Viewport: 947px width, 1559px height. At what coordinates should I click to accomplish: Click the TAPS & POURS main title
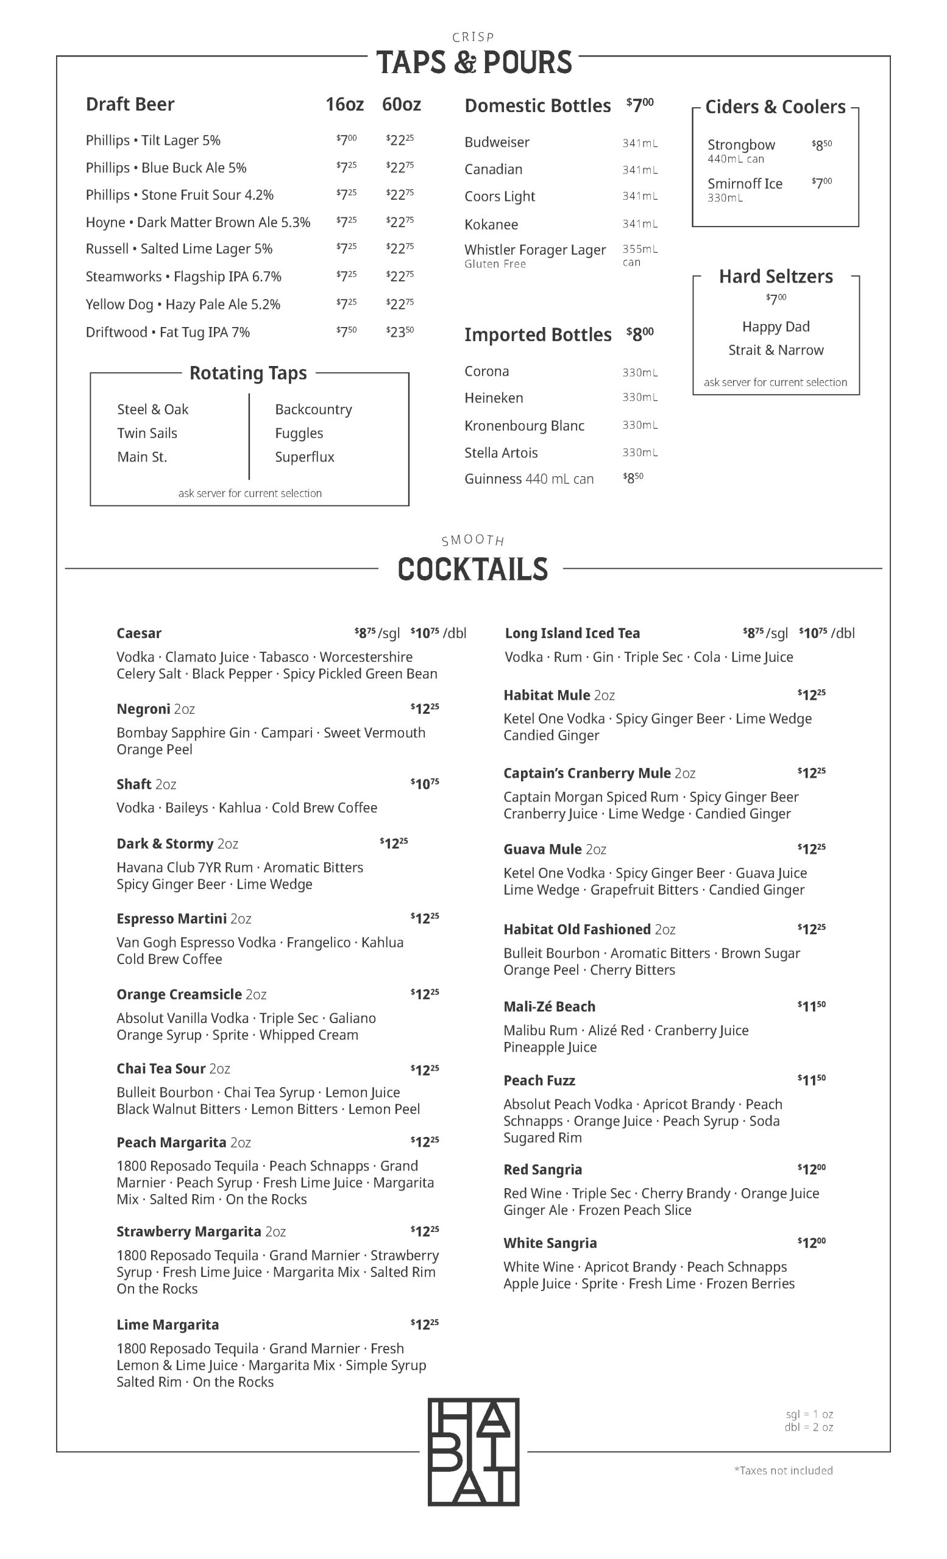[x=474, y=63]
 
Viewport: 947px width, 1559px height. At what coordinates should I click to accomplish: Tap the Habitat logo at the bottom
[x=474, y=1452]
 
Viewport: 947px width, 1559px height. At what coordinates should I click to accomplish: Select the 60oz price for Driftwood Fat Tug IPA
[x=400, y=332]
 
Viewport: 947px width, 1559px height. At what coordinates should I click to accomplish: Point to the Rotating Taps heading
[x=248, y=373]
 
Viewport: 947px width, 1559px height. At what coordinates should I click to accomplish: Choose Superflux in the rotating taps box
[x=305, y=457]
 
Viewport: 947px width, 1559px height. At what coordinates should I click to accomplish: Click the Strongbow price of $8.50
[x=821, y=145]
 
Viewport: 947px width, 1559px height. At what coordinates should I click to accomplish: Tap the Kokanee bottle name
[x=491, y=225]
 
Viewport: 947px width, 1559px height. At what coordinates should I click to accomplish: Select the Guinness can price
[x=633, y=478]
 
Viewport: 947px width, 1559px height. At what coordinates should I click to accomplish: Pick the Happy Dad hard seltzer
[x=775, y=326]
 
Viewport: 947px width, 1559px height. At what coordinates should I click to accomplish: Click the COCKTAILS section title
[x=472, y=569]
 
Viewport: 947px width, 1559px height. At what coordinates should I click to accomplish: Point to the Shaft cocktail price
[x=425, y=784]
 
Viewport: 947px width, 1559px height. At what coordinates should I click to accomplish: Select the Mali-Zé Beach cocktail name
[x=550, y=1007]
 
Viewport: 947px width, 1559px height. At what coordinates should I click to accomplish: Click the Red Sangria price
[x=812, y=1169]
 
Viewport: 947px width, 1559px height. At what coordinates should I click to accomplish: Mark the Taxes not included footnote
[x=783, y=1471]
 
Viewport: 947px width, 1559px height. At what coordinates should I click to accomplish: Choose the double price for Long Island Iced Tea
[x=827, y=633]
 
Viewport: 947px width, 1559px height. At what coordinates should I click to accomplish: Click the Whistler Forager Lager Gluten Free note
[x=495, y=264]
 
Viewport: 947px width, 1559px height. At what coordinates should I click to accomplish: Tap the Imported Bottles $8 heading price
[x=640, y=334]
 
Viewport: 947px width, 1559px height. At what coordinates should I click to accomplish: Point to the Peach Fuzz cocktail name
[x=539, y=1081]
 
